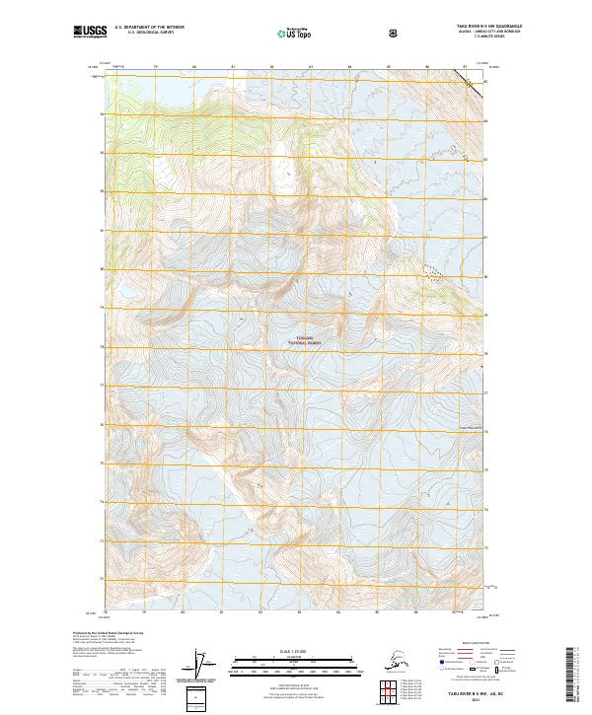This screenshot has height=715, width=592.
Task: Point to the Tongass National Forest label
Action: pyautogui.click(x=306, y=340)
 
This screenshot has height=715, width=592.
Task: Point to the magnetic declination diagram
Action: pyautogui.click(x=204, y=666)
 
